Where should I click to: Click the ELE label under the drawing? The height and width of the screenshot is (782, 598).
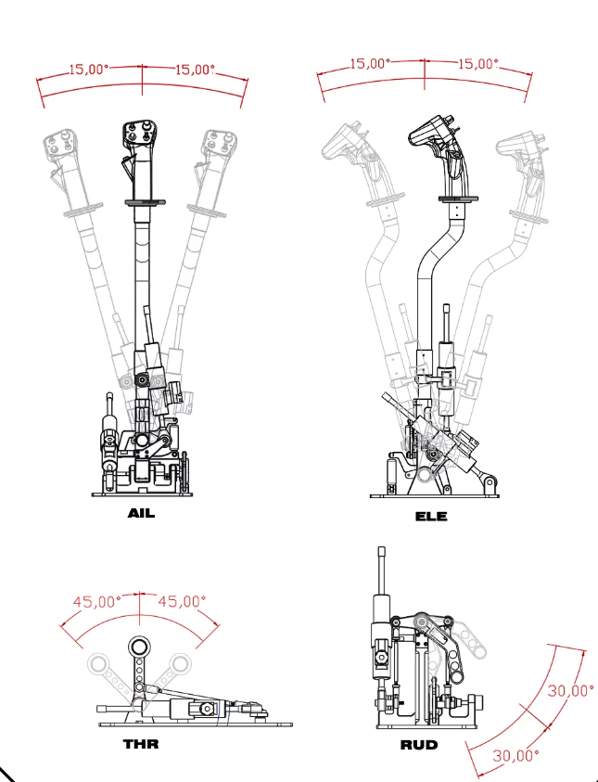tap(431, 516)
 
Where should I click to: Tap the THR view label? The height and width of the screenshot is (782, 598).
tap(141, 744)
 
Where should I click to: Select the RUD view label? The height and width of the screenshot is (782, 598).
tap(418, 745)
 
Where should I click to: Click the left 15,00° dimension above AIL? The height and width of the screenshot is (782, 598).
tap(89, 70)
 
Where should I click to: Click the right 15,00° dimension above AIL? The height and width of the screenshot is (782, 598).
tap(195, 70)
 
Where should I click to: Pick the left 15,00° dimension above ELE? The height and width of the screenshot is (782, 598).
tap(370, 64)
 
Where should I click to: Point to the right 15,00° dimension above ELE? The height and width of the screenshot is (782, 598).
tap(477, 64)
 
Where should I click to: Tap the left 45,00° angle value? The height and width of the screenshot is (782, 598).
tap(97, 601)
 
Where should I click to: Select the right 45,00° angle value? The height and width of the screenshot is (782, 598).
tap(182, 601)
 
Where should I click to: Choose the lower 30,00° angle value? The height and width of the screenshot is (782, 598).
tap(515, 756)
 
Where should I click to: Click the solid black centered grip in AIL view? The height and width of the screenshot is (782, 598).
tap(140, 135)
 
